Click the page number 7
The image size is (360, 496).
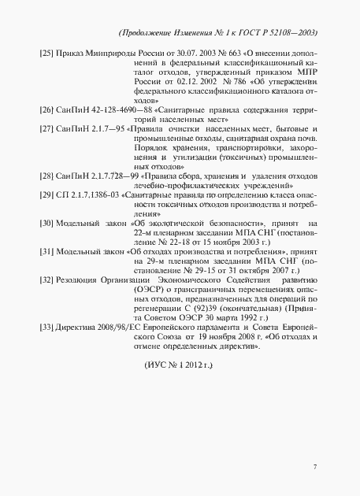click(314, 468)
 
